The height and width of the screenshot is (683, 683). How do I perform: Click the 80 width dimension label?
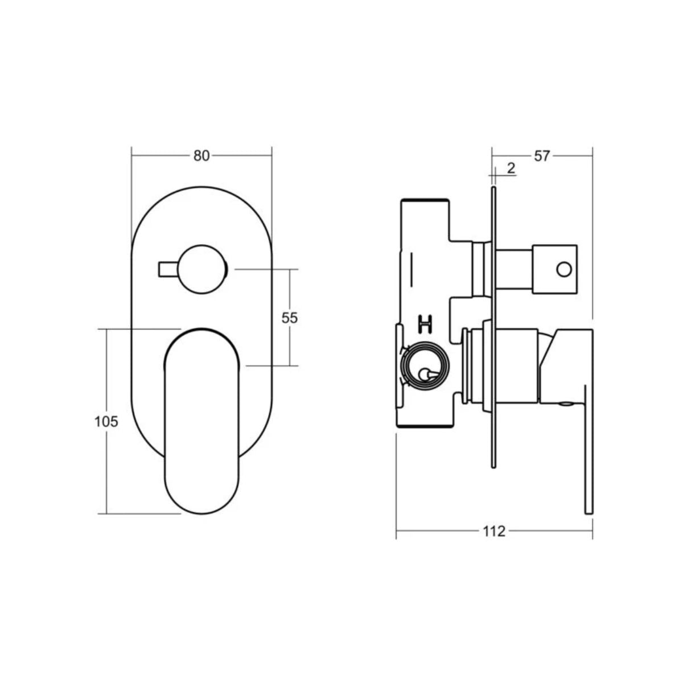tap(201, 156)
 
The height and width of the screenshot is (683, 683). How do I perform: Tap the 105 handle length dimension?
tap(106, 422)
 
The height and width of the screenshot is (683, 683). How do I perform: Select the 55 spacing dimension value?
tap(290, 318)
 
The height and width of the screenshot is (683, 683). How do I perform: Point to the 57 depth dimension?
tap(542, 156)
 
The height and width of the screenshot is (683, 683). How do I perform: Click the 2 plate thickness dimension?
tap(511, 168)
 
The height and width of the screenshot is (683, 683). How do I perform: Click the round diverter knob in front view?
tap(202, 269)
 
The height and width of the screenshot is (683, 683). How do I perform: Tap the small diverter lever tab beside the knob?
tap(168, 269)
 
